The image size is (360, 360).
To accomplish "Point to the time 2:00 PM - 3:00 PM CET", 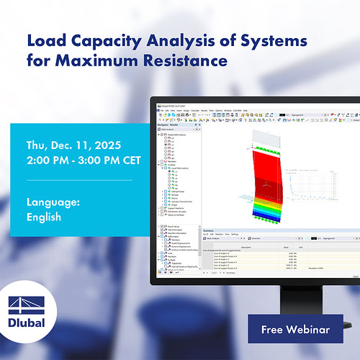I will pyautogui.click(x=80, y=163).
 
